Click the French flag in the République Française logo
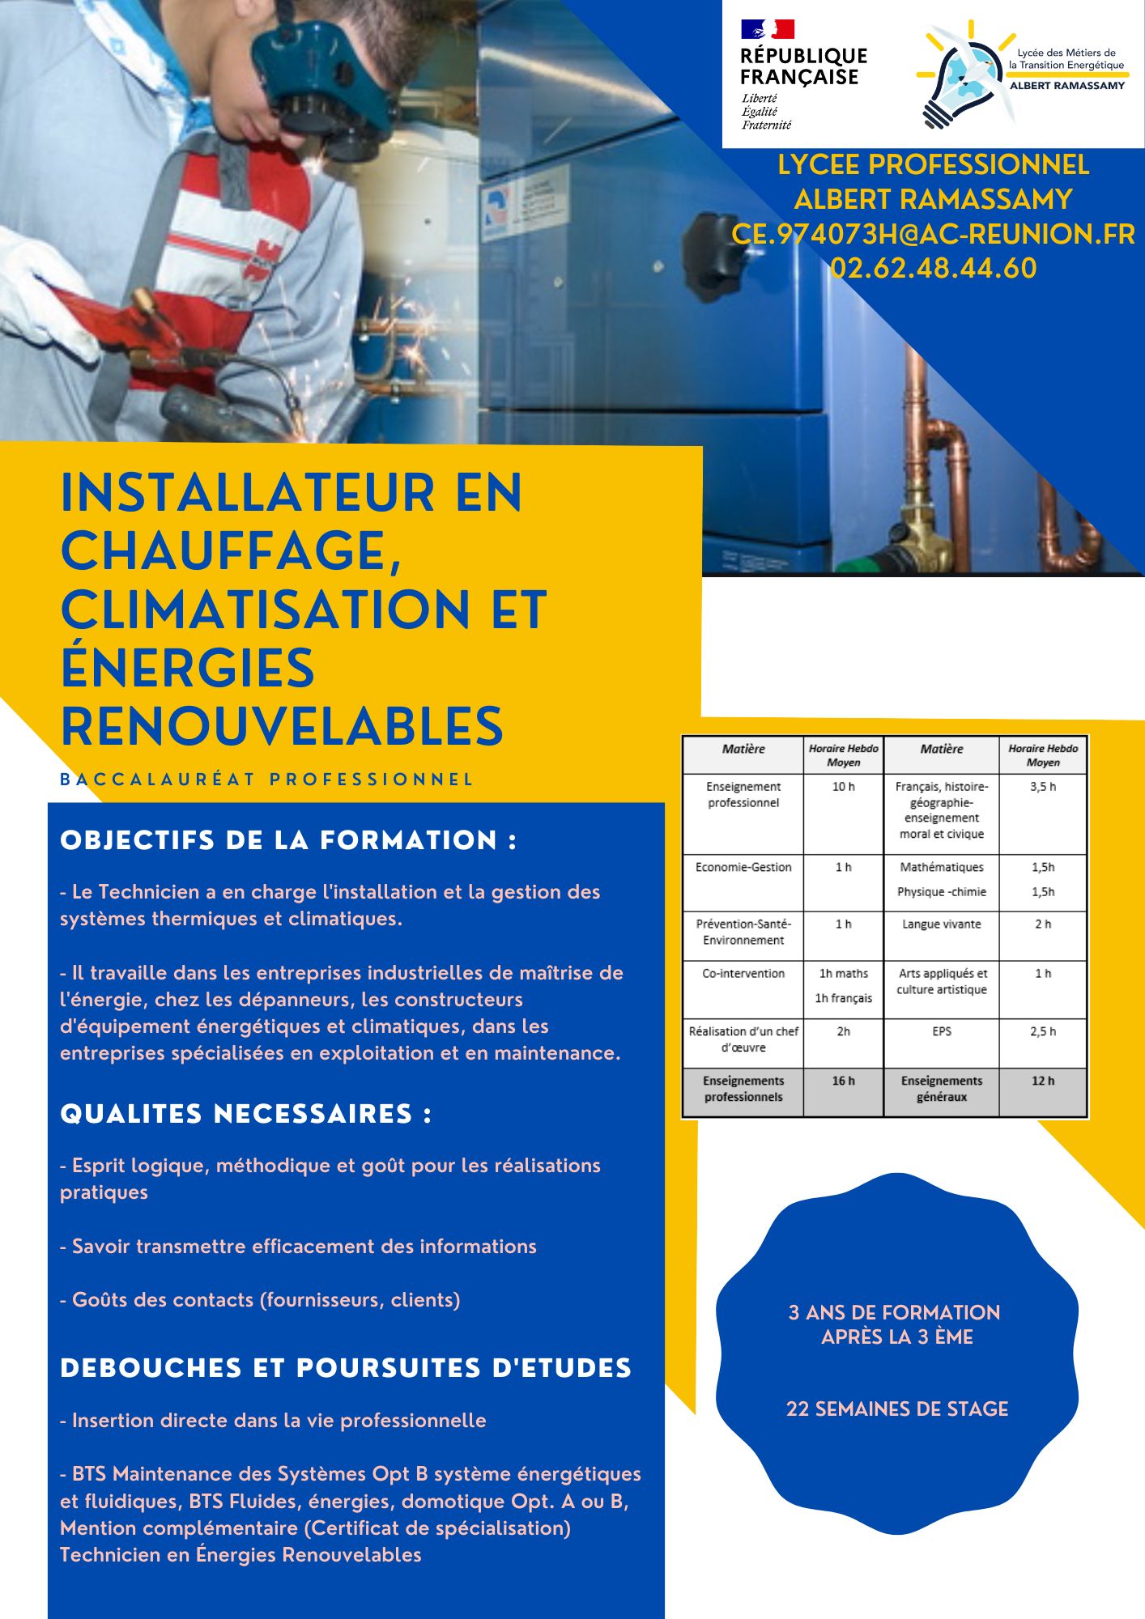[x=767, y=30]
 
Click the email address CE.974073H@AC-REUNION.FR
[x=933, y=234]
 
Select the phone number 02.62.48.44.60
[x=933, y=268]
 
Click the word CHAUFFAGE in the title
[x=231, y=551]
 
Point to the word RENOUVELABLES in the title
[x=282, y=726]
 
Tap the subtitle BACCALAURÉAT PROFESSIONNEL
[x=266, y=780]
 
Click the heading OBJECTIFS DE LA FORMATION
[x=288, y=840]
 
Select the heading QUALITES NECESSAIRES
[x=245, y=1114]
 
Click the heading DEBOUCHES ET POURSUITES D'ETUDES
[x=346, y=1368]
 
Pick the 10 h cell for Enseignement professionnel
[x=843, y=787]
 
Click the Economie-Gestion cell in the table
[x=743, y=867]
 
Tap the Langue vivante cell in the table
[x=941, y=924]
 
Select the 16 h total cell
[x=843, y=1081]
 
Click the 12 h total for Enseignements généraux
[x=1043, y=1081]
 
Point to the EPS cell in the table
[x=941, y=1031]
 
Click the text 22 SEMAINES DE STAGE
[x=897, y=1409]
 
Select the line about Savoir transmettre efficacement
[x=298, y=1246]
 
